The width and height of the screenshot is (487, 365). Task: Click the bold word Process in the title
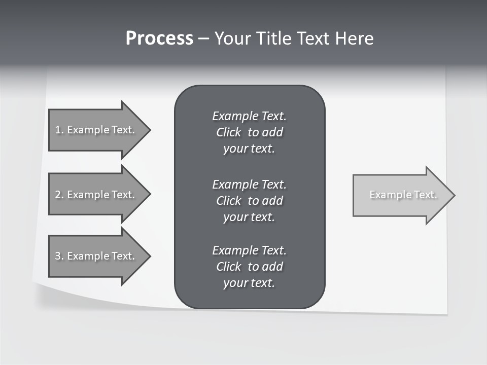[x=159, y=38]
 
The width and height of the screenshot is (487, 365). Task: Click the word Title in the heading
[x=275, y=38]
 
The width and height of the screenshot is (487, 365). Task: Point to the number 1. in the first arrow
[x=59, y=130]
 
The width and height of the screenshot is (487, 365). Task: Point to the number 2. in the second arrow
[x=59, y=195]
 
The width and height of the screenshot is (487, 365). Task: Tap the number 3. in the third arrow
[x=59, y=256]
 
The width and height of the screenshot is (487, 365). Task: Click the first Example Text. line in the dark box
[x=249, y=116]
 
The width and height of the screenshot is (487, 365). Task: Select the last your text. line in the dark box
[x=249, y=283]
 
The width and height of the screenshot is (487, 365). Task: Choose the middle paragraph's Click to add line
[x=249, y=201]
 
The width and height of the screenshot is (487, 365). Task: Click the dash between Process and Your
[x=204, y=39]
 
